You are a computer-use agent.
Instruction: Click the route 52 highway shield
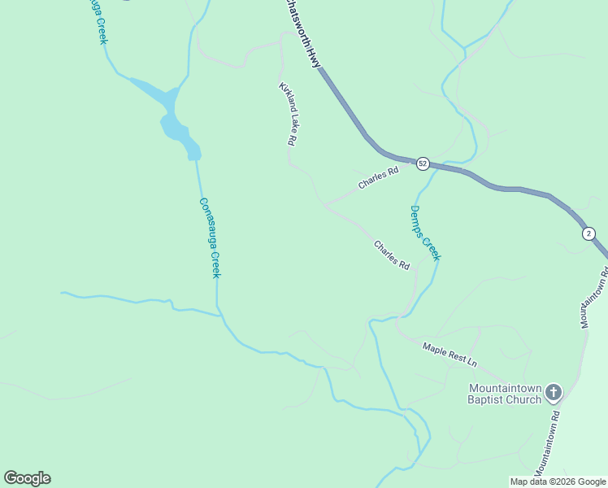point(422,163)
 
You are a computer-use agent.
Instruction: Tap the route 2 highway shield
point(588,233)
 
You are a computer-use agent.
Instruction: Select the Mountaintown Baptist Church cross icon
point(553,393)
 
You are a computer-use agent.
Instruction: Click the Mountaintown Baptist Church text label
point(504,394)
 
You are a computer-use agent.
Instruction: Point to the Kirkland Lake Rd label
point(287,114)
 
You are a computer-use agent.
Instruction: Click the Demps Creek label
point(424,233)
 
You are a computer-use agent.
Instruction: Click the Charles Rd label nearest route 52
point(379,178)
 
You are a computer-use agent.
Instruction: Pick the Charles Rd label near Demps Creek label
point(391,255)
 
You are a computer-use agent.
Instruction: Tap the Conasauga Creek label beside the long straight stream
point(210,238)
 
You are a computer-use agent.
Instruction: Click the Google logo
point(27,478)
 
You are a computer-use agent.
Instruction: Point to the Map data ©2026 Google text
point(558,481)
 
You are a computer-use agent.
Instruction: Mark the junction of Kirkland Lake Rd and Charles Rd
point(325,204)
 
